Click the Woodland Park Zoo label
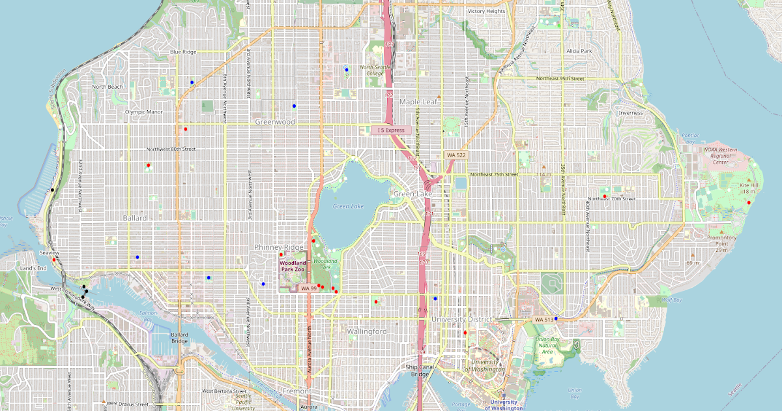[293, 266]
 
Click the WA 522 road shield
[456, 155]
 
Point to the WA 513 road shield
[543, 320]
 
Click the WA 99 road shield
[308, 288]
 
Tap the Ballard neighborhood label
[135, 218]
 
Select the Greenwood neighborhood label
[275, 122]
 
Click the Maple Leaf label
[418, 102]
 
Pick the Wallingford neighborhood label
[367, 331]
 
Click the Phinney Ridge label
[279, 247]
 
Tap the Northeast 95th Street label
[560, 78]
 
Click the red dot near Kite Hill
[749, 203]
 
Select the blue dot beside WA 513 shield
[556, 318]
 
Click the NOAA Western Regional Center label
[719, 155]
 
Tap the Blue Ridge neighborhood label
[183, 52]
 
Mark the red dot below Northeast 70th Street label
[605, 196]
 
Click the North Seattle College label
[375, 70]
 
